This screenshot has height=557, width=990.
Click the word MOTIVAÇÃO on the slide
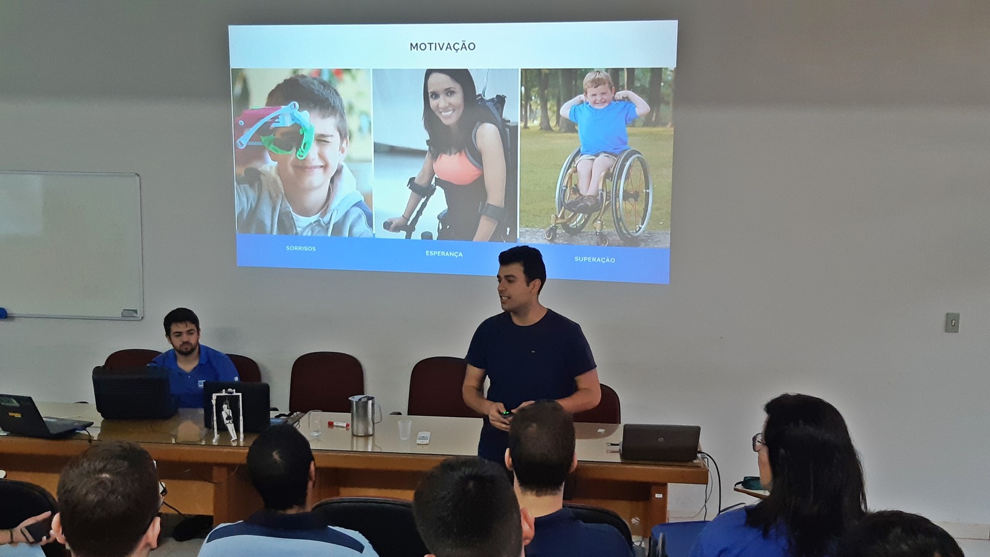(x=442, y=46)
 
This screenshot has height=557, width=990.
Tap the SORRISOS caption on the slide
(x=301, y=248)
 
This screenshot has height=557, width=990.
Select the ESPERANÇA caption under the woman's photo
(x=444, y=254)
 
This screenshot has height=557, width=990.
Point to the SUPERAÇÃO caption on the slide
(x=595, y=259)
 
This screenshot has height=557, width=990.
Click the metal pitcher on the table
(x=363, y=415)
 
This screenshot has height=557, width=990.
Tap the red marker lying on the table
(x=338, y=425)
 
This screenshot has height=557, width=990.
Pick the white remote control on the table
(x=423, y=437)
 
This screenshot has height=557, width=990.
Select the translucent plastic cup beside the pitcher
(x=404, y=430)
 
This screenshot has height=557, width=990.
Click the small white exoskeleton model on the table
(x=228, y=415)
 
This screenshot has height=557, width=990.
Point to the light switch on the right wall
(x=952, y=322)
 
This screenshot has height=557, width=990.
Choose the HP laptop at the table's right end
(x=661, y=442)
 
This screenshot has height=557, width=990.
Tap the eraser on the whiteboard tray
(x=129, y=313)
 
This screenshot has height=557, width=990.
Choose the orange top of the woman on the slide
(x=457, y=168)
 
